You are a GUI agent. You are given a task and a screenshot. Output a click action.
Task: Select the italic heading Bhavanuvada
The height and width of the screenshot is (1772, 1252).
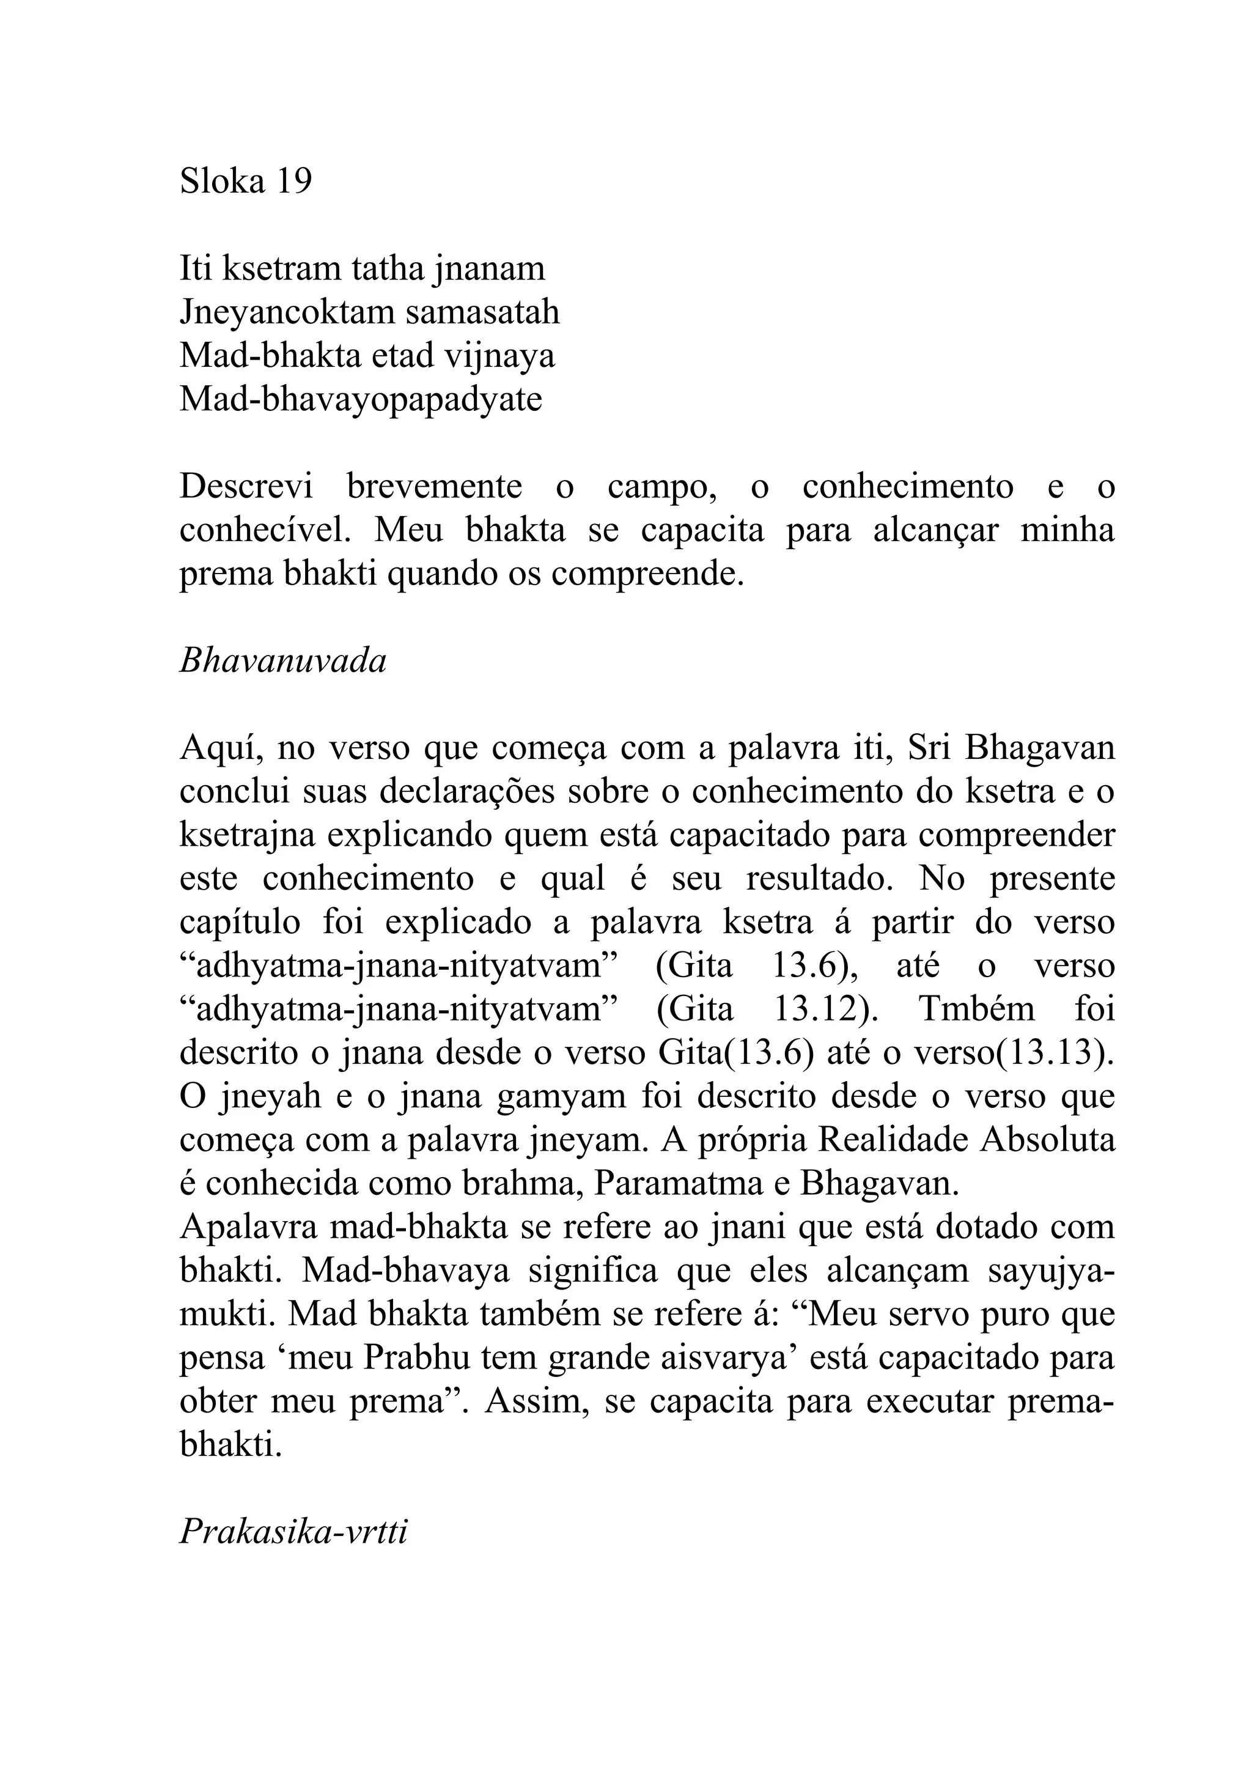click(282, 662)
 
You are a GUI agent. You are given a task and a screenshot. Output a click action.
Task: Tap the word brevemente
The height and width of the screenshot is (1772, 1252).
click(434, 487)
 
